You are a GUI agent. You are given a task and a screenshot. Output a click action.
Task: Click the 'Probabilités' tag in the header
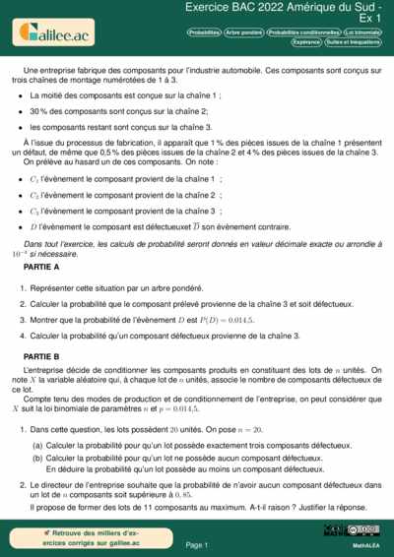pos(203,32)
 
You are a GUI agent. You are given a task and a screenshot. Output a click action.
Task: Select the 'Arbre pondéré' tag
pos(243,32)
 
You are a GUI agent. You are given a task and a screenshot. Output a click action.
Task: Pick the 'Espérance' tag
pos(306,43)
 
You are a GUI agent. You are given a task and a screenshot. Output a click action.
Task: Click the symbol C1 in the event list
pos(35,179)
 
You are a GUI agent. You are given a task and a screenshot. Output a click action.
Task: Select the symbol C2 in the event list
pos(35,195)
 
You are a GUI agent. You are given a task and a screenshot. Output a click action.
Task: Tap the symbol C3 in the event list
pos(35,211)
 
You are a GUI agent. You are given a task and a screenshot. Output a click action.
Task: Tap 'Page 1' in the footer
pos(196,544)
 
